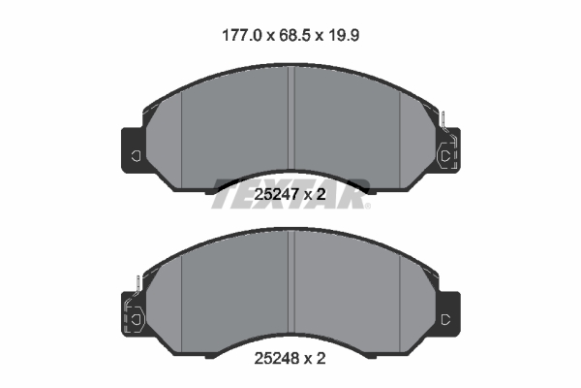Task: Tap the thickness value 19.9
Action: click(x=348, y=35)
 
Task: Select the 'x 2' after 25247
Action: click(x=317, y=196)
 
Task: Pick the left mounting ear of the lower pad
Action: click(x=133, y=316)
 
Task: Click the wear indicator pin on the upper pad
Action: click(x=443, y=124)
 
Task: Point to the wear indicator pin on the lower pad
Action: click(x=138, y=287)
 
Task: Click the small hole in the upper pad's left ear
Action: click(x=136, y=155)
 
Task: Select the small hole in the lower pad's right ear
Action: click(x=445, y=319)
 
